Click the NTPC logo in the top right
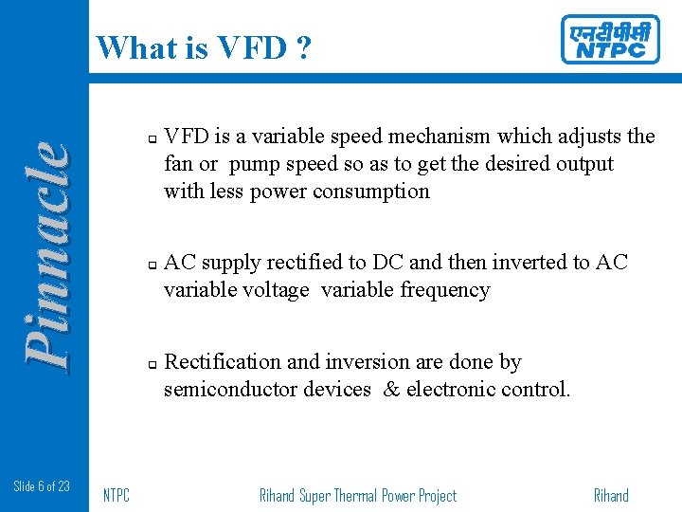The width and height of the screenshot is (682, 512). pos(609,40)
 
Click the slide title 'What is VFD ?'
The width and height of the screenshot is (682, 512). pos(203,46)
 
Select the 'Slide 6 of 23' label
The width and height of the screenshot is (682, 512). pos(42,486)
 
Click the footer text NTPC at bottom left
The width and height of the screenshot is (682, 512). pos(116,495)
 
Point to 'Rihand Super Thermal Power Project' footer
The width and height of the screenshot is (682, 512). pos(357,495)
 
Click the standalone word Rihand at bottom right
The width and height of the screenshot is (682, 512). pos(611,495)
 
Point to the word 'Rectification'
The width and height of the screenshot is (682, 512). pos(223,362)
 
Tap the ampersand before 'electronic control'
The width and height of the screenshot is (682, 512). pos(391,390)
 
